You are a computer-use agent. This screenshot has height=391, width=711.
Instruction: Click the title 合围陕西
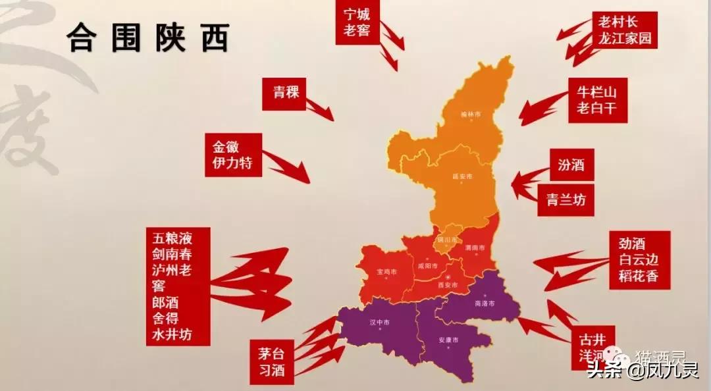point(147,39)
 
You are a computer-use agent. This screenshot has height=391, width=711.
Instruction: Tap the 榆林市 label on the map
point(470,114)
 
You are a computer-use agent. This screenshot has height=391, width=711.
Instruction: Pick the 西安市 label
point(447,284)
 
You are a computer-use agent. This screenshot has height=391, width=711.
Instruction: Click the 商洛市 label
point(483,303)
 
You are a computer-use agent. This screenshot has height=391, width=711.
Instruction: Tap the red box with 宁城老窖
point(356,22)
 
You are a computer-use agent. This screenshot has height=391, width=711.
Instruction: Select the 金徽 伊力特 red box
point(232,155)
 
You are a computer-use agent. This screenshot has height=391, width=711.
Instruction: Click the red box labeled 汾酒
point(571,165)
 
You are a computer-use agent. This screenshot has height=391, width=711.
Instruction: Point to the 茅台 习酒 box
point(271,361)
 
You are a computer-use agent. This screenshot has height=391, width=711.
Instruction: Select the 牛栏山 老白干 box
point(597,99)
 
